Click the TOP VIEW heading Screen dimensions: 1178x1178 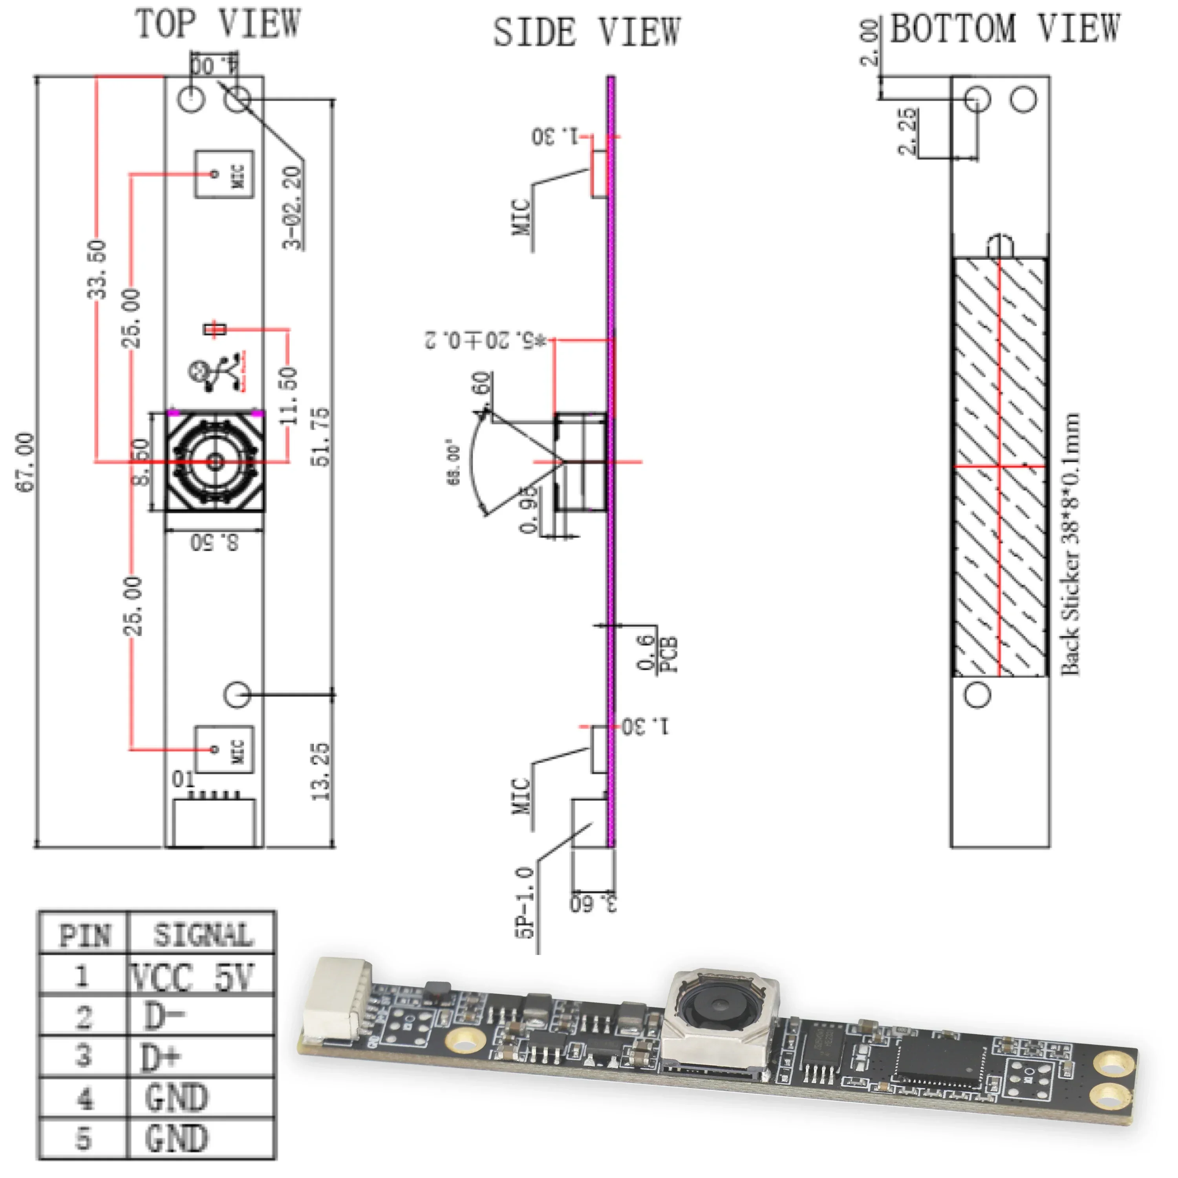click(x=218, y=24)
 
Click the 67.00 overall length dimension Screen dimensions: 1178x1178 click(x=26, y=461)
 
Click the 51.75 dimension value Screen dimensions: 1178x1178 click(x=321, y=437)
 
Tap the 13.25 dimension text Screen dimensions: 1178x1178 click(x=321, y=771)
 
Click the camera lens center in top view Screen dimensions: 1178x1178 click(x=215, y=461)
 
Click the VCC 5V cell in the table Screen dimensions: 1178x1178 click(x=192, y=977)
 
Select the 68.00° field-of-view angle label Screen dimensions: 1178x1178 click(x=454, y=461)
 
